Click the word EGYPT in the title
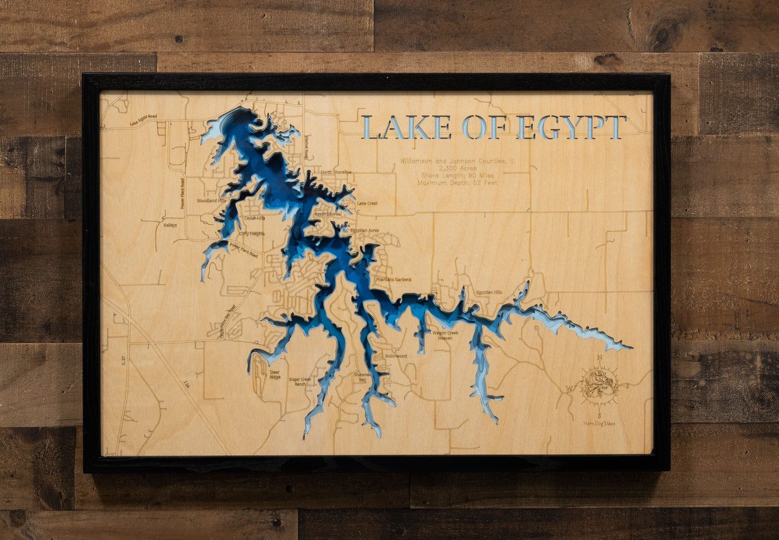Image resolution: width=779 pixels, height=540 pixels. pos(571,128)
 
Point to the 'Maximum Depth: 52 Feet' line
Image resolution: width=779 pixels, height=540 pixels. pos(457,183)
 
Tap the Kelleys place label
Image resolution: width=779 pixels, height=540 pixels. pos(170,225)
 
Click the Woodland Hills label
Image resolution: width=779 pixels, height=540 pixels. pos(211,201)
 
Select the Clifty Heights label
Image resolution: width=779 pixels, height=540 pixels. pos(252,234)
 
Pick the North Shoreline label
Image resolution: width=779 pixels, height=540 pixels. pos(336,173)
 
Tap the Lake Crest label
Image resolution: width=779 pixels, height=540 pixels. pos(367,203)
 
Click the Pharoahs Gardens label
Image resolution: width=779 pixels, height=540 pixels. pos(393,279)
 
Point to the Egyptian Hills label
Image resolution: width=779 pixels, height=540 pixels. pos(488,292)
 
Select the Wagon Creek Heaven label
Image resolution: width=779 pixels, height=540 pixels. pos(445,336)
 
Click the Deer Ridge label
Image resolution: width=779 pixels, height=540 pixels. pos(275,374)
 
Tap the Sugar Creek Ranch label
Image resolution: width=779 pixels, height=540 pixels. pos(300,381)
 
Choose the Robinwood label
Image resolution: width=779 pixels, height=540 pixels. pos(396,356)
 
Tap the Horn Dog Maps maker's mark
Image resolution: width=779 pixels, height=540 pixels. pos(599,423)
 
